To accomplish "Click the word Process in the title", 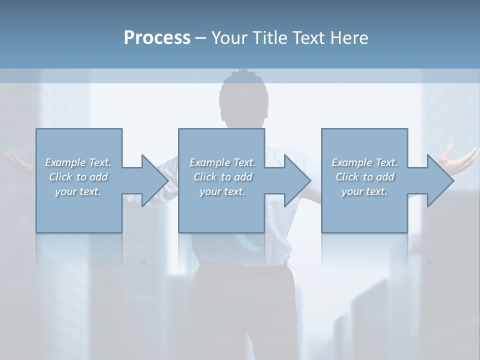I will pyautogui.click(x=157, y=38).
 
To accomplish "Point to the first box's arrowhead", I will pyautogui.click(x=154, y=180).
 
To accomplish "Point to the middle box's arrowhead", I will pyautogui.click(x=297, y=180).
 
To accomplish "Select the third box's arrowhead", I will pyautogui.click(x=440, y=180).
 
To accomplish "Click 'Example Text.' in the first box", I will pyautogui.click(x=78, y=162).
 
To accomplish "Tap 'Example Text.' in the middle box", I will pyautogui.click(x=222, y=162).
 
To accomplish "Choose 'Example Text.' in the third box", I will pyautogui.click(x=364, y=162).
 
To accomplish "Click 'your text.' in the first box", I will pyautogui.click(x=78, y=191).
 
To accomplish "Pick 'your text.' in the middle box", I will pyautogui.click(x=222, y=191).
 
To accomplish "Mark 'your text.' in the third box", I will pyautogui.click(x=364, y=191).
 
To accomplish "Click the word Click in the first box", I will pyautogui.click(x=60, y=177).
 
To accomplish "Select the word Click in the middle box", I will pyautogui.click(x=204, y=177).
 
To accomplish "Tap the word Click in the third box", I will pyautogui.click(x=347, y=177).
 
